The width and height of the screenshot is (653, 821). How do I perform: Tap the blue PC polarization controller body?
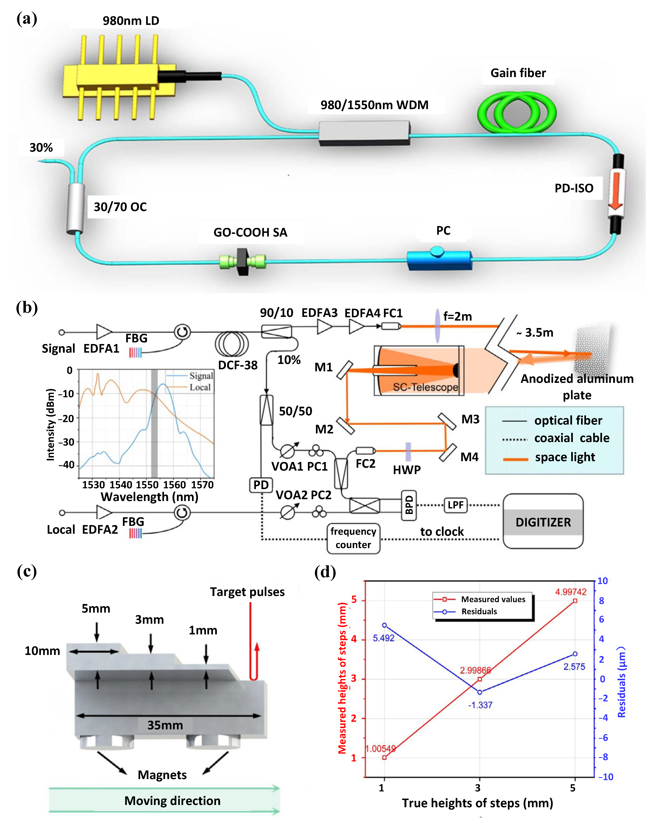point(439,260)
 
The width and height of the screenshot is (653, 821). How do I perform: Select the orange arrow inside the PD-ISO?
point(615,190)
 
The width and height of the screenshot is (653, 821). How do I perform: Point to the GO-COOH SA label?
point(250,232)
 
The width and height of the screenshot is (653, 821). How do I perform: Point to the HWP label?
point(407,470)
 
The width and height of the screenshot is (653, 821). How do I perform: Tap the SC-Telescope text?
point(425,387)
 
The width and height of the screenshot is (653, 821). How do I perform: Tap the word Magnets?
point(162,775)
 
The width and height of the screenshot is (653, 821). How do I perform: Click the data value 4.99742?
point(570,592)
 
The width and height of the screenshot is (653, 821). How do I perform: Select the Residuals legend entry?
point(479,612)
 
